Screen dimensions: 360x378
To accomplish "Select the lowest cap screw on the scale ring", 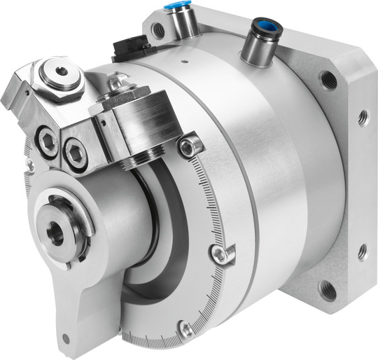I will pyautogui.click(x=185, y=328).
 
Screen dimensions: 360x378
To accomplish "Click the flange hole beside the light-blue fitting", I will pyautogui.click(x=159, y=30).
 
